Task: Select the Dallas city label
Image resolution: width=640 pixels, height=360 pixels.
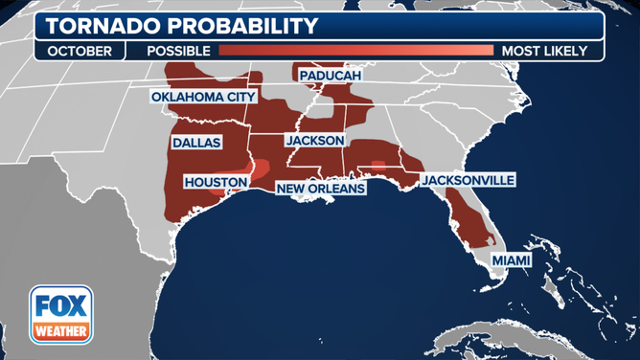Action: [196, 143]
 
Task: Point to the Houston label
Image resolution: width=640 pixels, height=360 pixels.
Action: [216, 181]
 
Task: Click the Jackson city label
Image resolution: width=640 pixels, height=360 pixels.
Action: [314, 140]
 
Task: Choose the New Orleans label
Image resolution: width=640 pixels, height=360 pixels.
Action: [321, 189]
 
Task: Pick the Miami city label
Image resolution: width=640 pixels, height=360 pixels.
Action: [510, 260]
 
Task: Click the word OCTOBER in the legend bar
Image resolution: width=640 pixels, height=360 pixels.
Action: [79, 51]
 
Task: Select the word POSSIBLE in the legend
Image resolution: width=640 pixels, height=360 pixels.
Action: [179, 51]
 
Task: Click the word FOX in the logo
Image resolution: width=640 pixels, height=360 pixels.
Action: [60, 308]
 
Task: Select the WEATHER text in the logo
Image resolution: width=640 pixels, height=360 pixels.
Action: [60, 331]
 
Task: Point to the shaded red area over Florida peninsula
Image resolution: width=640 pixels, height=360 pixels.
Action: [469, 220]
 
